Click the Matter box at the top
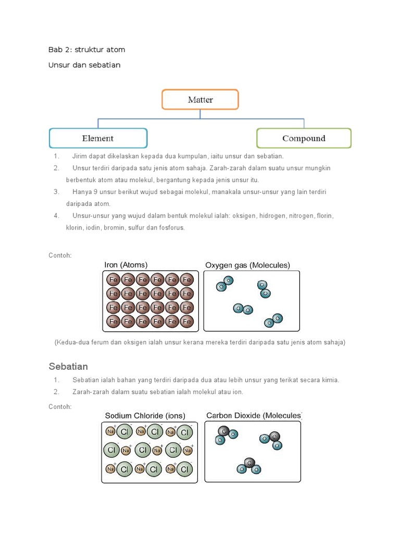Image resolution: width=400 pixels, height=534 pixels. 200,100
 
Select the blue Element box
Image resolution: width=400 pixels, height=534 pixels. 98,138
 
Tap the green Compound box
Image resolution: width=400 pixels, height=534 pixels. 304,138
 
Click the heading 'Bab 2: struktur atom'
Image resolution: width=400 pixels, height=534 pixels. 86,50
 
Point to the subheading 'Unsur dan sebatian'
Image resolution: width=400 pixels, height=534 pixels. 84,65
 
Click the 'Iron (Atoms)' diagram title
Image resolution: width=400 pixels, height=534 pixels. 126,265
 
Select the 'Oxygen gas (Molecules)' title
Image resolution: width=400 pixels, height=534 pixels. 247,265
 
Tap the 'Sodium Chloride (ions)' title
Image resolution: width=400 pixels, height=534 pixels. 145,416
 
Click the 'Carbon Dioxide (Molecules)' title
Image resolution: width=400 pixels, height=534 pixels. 254,416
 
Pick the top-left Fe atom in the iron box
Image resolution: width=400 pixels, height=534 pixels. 113,280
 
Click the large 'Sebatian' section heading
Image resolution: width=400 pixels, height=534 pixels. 68,366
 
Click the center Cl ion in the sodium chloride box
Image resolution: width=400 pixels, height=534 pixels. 143,450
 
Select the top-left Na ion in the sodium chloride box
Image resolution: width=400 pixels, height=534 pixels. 110,431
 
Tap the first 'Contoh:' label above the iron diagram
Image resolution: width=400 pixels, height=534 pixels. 60,256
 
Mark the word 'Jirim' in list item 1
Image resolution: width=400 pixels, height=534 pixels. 80,156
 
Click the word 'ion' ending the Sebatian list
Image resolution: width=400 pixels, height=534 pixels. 238,392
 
